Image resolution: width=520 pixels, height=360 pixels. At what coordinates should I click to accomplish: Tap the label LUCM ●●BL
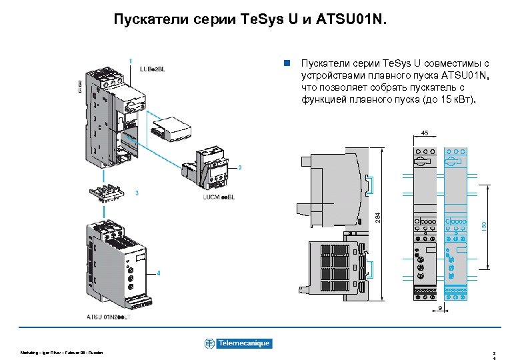click(219, 197)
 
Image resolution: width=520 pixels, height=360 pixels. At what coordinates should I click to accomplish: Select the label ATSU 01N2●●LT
click(110, 316)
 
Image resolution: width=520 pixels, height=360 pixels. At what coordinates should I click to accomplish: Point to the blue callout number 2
click(239, 167)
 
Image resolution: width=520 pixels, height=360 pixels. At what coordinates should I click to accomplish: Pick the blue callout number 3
click(137, 193)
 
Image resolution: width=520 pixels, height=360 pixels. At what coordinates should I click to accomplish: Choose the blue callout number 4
click(158, 273)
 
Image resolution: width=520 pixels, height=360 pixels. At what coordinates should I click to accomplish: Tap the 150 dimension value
click(485, 227)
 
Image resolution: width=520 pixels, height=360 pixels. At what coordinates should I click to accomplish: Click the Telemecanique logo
click(238, 343)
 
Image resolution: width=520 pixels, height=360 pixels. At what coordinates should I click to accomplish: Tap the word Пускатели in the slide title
click(143, 20)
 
